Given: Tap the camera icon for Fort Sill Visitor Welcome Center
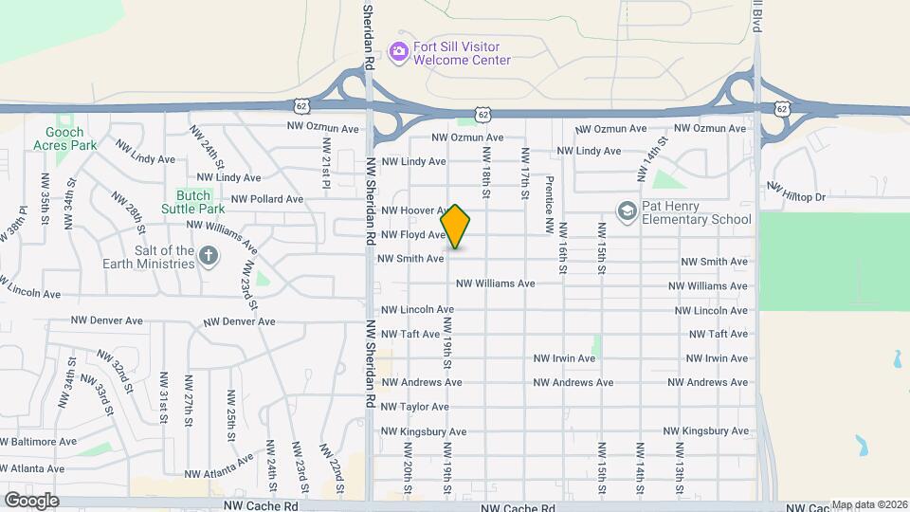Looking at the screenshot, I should point(399,51).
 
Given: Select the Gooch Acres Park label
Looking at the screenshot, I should point(64,139).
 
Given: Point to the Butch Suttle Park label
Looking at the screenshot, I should point(193,202).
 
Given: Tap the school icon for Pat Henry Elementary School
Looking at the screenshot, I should point(627,210).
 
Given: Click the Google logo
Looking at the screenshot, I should point(31,501).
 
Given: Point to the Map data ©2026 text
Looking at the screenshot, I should point(869,505).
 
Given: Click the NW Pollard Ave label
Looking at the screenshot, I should point(266,199).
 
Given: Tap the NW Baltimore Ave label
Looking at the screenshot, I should point(38,442).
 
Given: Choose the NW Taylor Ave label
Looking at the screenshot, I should point(414,407).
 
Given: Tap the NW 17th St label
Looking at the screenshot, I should point(523,173).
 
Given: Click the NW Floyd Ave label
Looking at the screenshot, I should point(412,234).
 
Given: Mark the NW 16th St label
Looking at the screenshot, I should point(562,248).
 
